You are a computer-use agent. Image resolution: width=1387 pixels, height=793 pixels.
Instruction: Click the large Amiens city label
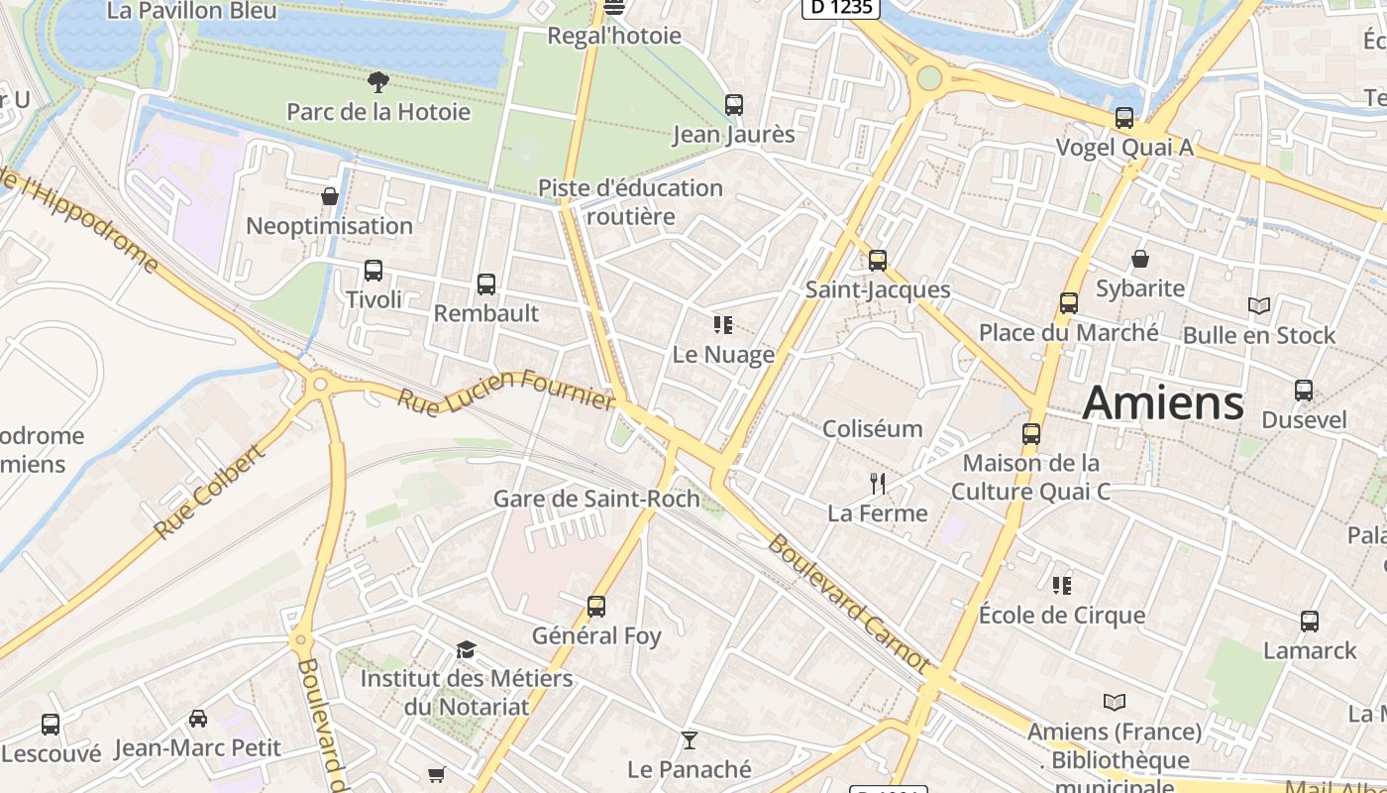click(1163, 403)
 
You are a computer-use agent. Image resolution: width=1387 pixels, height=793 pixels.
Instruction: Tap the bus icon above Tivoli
click(373, 270)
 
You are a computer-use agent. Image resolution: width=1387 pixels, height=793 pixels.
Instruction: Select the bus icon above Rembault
click(486, 284)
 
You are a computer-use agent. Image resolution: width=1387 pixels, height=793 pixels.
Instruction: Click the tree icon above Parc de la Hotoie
click(377, 81)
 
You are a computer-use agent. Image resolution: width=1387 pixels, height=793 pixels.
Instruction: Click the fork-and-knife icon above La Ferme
click(877, 484)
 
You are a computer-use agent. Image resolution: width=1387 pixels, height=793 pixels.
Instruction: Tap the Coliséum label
click(873, 429)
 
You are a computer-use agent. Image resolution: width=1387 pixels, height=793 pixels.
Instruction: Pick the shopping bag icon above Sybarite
click(1140, 259)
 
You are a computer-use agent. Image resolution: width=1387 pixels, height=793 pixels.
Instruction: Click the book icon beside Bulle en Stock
click(1259, 306)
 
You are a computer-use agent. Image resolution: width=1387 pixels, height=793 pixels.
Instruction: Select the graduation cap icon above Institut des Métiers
click(466, 650)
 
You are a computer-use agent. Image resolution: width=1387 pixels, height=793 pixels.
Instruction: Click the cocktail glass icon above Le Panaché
click(690, 740)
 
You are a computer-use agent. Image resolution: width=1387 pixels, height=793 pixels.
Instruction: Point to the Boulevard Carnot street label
click(849, 604)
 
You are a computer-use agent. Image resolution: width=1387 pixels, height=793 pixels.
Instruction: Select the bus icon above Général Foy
click(596, 606)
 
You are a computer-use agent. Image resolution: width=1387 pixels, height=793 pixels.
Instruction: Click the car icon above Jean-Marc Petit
click(198, 719)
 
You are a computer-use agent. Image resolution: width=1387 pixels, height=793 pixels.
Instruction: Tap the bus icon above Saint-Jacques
click(878, 261)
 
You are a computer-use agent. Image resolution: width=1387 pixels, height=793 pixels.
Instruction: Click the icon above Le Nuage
click(723, 324)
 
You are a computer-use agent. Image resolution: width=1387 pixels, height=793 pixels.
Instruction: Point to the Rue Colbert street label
click(210, 493)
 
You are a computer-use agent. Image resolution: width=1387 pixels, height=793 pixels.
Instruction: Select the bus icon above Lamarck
click(1310, 622)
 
